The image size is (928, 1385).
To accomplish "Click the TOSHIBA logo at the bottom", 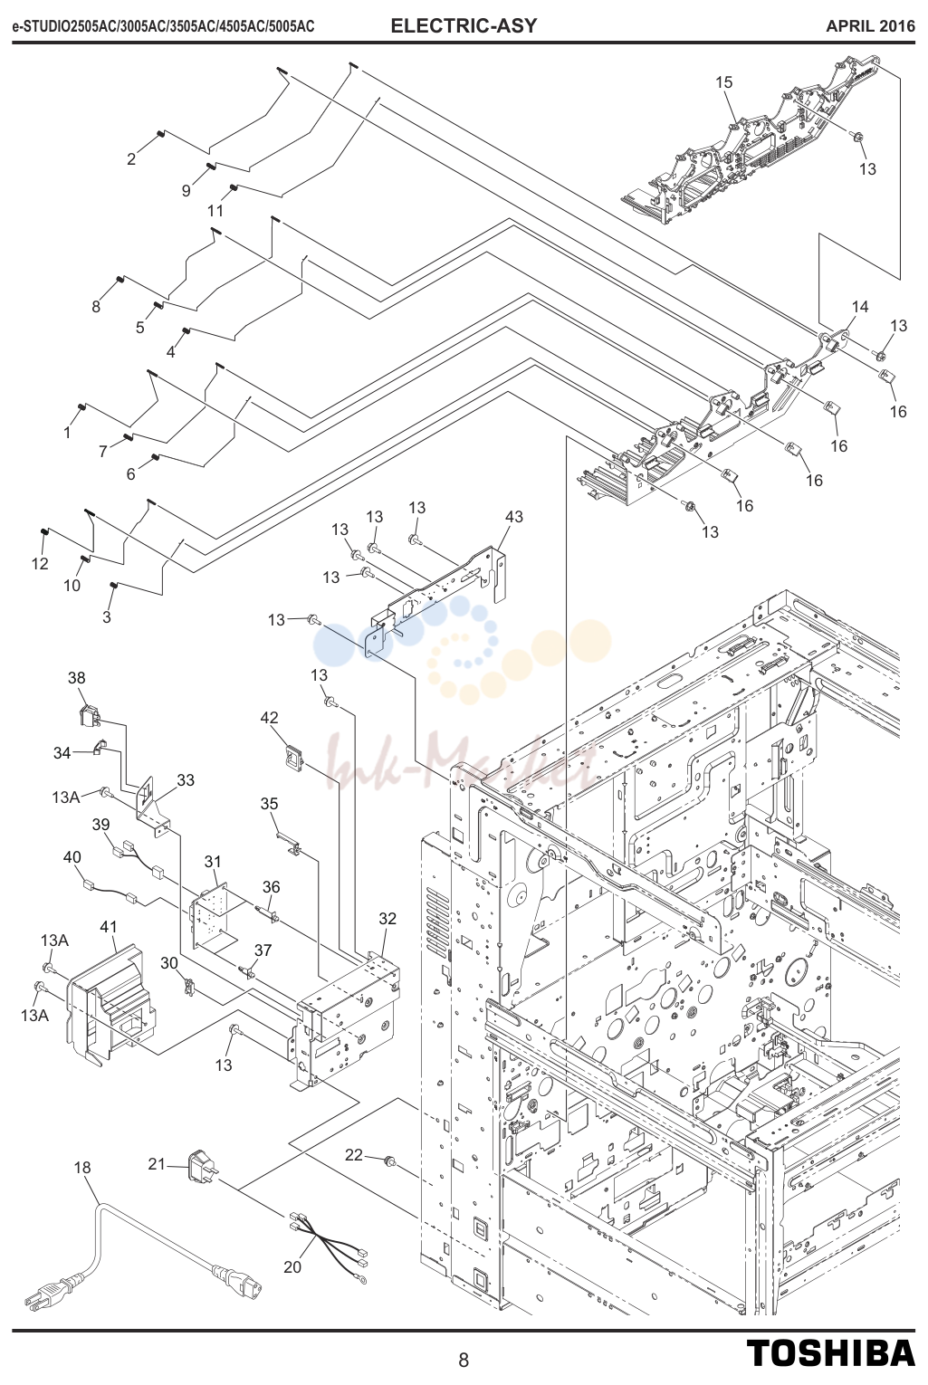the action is tap(830, 1352).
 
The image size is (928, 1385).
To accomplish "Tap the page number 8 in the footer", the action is tap(464, 1360).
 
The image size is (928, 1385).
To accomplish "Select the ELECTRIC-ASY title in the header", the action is tap(464, 25).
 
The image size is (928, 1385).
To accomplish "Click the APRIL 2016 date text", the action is tap(870, 26).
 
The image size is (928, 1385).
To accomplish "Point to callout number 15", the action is tap(724, 82).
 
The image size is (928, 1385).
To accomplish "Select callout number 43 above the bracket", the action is tap(513, 516).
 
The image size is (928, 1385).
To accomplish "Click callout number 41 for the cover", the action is tap(109, 927).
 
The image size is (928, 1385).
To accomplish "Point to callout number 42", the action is tap(269, 717).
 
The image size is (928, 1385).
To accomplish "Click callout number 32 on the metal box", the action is tap(387, 918).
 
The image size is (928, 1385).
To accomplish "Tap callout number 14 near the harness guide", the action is tap(860, 307).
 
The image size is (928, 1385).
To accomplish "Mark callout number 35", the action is tap(269, 803).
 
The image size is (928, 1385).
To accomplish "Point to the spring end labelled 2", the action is tap(160, 135).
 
